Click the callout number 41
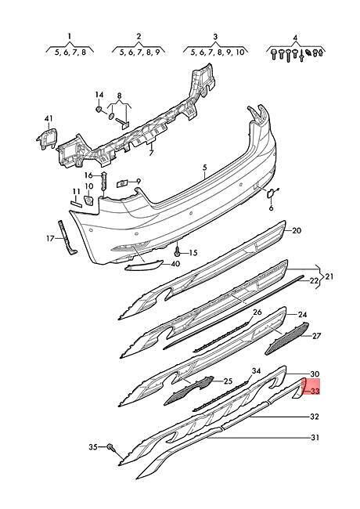[x=49, y=118]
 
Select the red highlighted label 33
[x=315, y=392]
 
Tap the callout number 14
[x=99, y=95]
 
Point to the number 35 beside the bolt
[x=93, y=447]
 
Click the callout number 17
[x=50, y=239]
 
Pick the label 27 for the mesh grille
[x=315, y=335]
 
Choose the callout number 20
[x=297, y=230]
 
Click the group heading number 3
[x=215, y=37]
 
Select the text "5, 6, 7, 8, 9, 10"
[x=217, y=52]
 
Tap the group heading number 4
[x=295, y=38]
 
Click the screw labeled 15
[x=178, y=251]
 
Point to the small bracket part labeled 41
[x=47, y=139]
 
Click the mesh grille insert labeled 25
[x=189, y=390]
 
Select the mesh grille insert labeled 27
[x=287, y=338]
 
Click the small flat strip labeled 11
[x=77, y=204]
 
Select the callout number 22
[x=314, y=281]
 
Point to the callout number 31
[x=315, y=437]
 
